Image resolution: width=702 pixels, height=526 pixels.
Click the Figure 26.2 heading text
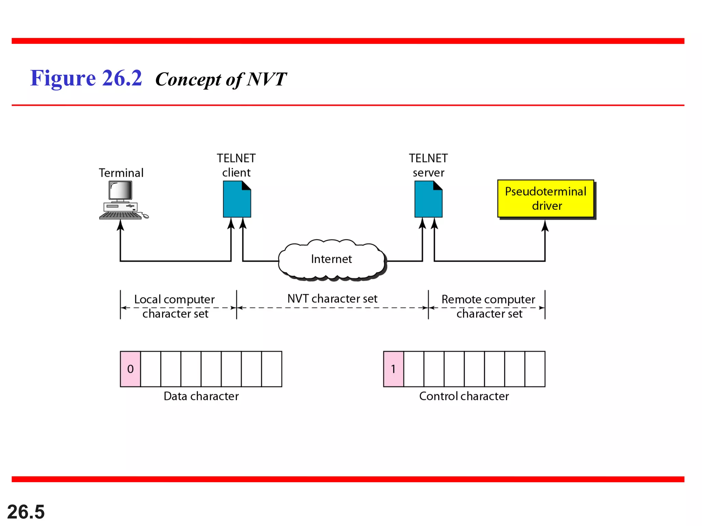86,78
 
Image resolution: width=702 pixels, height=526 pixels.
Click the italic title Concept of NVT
221,79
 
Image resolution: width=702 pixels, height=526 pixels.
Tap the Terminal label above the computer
121,173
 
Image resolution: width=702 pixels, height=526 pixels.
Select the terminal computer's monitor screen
120,190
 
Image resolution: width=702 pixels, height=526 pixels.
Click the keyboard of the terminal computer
120,215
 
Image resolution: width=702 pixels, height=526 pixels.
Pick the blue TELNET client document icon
237,200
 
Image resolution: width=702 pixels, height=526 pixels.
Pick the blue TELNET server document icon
428,200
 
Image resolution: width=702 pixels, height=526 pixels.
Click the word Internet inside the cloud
331,259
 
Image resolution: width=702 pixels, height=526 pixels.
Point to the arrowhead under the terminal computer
120,225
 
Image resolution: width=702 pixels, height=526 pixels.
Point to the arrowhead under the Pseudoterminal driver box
545,226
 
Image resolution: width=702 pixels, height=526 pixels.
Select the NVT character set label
332,299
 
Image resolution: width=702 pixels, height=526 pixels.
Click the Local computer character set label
175,306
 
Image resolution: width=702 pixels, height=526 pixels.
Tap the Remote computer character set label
488,306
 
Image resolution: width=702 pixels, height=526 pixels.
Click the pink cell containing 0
130,369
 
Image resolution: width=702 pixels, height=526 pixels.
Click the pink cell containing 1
393,369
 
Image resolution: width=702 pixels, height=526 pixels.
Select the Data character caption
201,396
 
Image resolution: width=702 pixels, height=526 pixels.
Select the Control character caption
464,396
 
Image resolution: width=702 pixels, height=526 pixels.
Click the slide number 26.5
26,512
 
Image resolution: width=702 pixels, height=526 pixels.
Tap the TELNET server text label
428,165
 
